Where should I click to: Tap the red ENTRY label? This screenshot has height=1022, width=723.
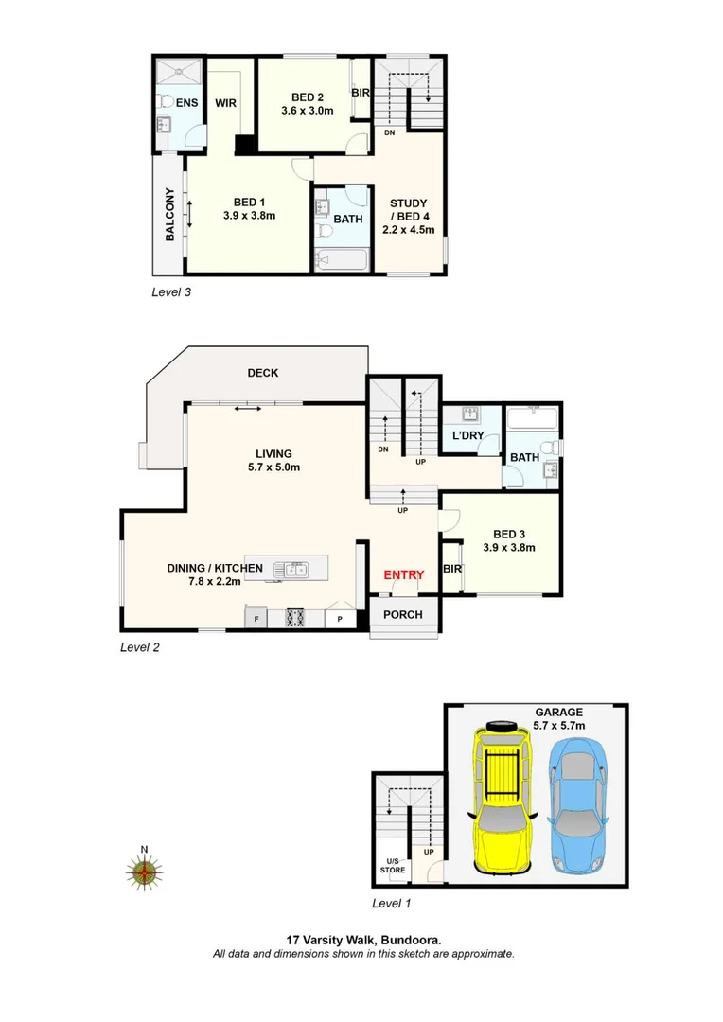[x=403, y=574]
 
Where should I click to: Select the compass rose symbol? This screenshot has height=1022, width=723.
[x=145, y=872]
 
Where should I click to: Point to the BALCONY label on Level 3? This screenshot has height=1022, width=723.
[x=170, y=215]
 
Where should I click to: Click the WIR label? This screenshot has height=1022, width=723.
[x=225, y=103]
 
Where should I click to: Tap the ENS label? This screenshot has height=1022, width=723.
[x=187, y=102]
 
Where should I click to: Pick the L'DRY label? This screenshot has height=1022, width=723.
[x=467, y=435]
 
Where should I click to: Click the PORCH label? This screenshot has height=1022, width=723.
[x=403, y=614]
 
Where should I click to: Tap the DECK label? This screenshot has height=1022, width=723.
[x=262, y=373]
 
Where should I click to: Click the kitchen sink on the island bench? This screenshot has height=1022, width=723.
[x=291, y=569]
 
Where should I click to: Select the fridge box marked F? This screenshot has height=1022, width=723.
[x=255, y=620]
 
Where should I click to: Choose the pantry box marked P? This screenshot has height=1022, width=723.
[x=340, y=620]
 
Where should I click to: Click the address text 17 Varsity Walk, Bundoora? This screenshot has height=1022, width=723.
[x=363, y=941]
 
